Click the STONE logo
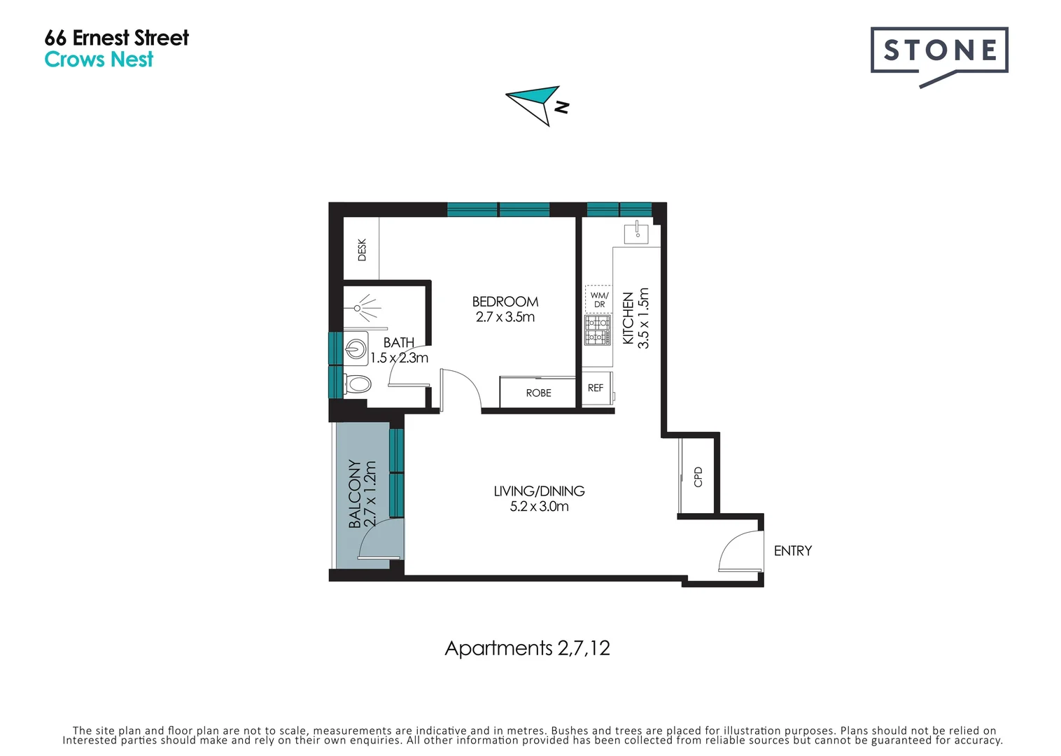coord(939,51)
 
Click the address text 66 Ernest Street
coord(116,38)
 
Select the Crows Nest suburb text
coord(99,60)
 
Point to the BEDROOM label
coord(505,302)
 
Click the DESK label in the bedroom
coord(362,249)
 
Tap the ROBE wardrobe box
coord(537,393)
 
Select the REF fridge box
coord(596,388)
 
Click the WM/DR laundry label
coord(599,300)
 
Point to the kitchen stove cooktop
coord(598,330)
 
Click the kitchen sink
coord(637,232)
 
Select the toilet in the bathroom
coord(358,384)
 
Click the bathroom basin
coord(356,348)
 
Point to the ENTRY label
coord(792,551)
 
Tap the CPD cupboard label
coord(698,476)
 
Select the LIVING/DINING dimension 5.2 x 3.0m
coord(539,507)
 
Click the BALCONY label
coord(355,493)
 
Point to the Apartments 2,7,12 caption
coord(527,648)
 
